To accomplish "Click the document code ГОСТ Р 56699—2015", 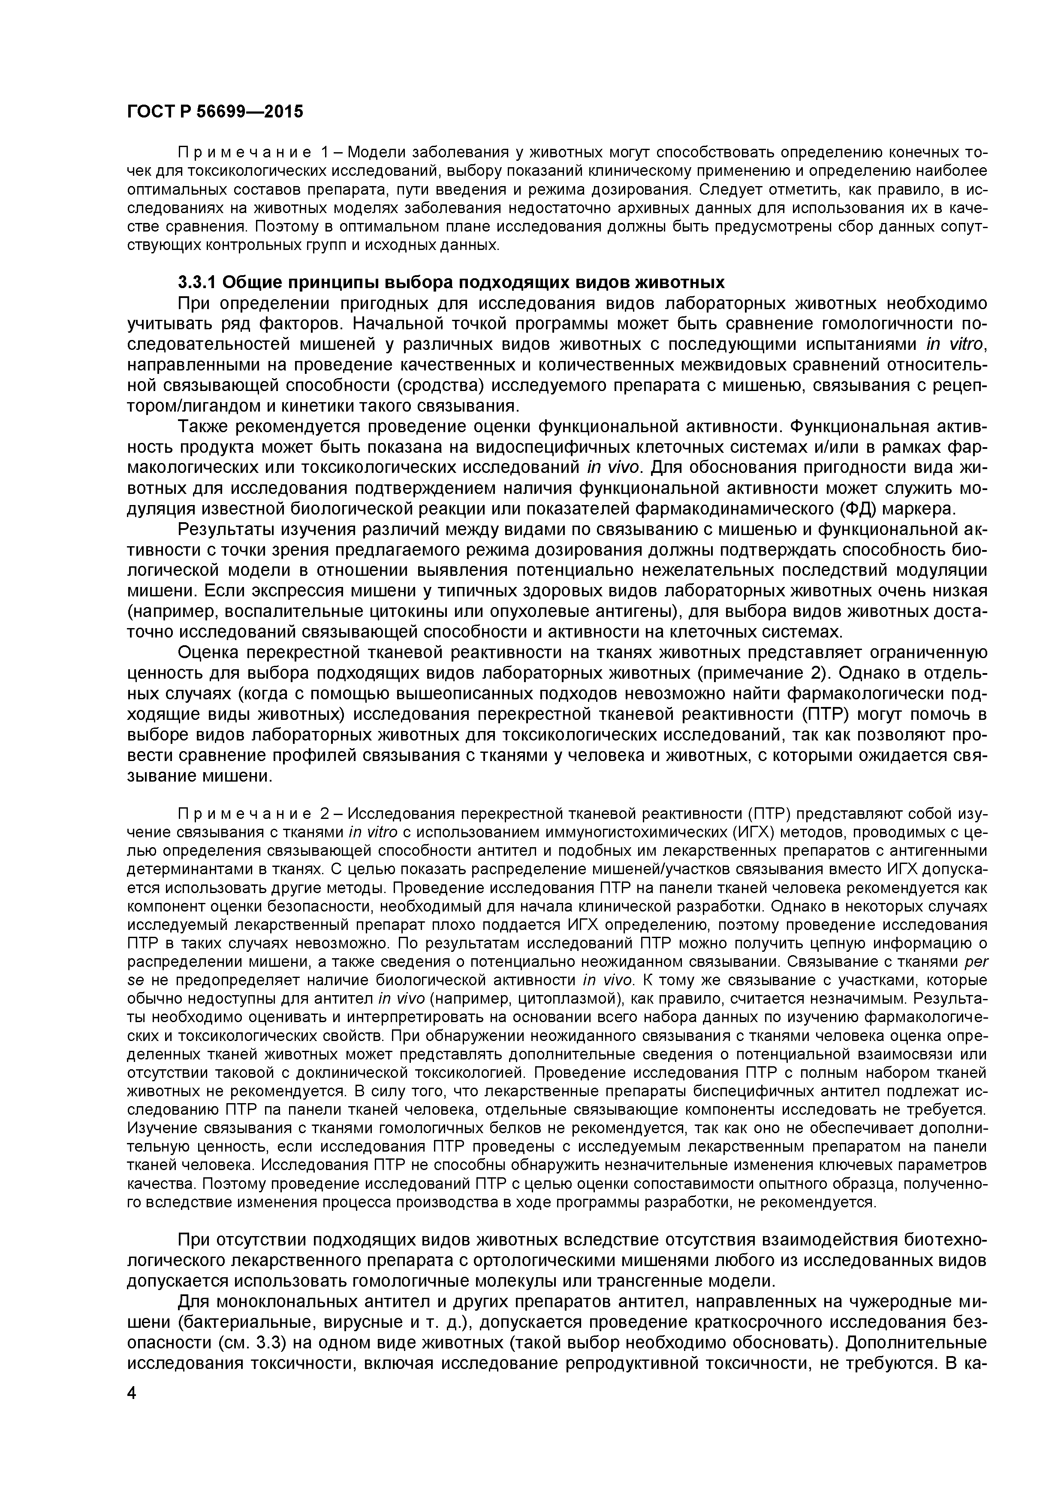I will pyautogui.click(x=215, y=112).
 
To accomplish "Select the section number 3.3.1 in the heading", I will pyautogui.click(x=196, y=283).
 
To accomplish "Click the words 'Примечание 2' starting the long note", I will pyautogui.click(x=253, y=814).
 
